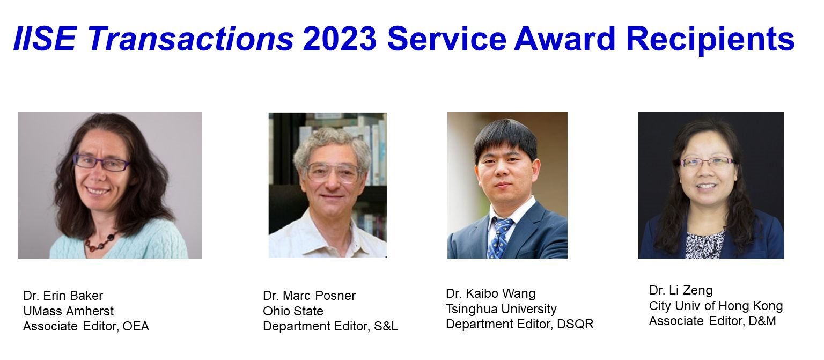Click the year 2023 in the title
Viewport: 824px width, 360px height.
[340, 39]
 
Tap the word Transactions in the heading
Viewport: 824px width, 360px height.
[190, 39]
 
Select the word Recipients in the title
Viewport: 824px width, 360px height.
[710, 40]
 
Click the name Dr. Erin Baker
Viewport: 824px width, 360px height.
[63, 296]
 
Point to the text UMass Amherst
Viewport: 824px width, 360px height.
[69, 311]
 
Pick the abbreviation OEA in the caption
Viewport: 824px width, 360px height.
[136, 326]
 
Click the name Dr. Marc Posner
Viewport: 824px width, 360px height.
[310, 296]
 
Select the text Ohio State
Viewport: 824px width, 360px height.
[293, 311]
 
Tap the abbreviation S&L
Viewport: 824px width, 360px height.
[386, 326]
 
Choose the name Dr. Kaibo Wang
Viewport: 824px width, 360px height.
[491, 293]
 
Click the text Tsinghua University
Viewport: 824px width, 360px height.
[501, 309]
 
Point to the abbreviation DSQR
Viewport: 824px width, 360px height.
[575, 324]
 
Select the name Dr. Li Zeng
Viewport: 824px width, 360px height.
[681, 290]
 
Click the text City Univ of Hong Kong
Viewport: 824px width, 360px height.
[716, 306]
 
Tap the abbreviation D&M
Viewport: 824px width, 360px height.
[762, 321]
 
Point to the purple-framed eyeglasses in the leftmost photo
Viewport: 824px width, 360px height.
[101, 162]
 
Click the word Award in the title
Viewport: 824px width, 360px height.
[565, 39]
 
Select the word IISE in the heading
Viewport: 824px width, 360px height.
[45, 39]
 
